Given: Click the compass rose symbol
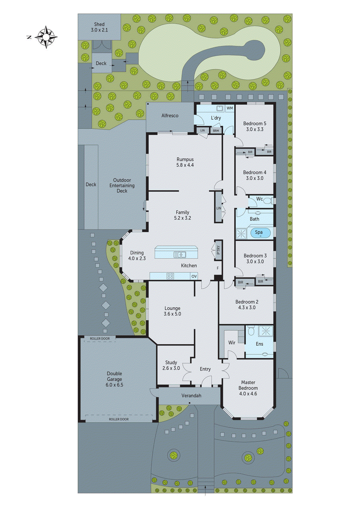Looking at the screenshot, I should coord(46,37).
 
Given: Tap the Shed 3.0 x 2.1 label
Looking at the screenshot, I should coord(99,27).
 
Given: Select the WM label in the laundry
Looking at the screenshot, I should coord(230,108).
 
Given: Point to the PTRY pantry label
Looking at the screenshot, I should coord(218,250).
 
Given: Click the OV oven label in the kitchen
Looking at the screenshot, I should coord(194,276).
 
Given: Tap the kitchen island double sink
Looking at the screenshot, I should coord(180,254).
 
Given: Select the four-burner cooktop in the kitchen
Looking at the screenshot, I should coord(170,276).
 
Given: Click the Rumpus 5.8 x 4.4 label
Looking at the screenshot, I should coord(185,162).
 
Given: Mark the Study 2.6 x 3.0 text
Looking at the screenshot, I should coord(171,365).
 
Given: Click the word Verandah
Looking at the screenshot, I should coord(191,395).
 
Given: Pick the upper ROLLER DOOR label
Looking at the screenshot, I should coord(100,338).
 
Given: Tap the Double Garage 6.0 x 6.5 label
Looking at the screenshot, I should coord(114,379).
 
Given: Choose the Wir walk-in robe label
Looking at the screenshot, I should coord(232,343).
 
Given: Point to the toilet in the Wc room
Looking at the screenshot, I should coord(268,201).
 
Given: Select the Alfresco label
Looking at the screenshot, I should coord(170,115).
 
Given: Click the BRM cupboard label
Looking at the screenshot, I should coord(216,130).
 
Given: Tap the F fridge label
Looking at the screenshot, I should coord(218,268).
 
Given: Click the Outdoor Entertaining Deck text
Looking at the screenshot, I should coord(122,185).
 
